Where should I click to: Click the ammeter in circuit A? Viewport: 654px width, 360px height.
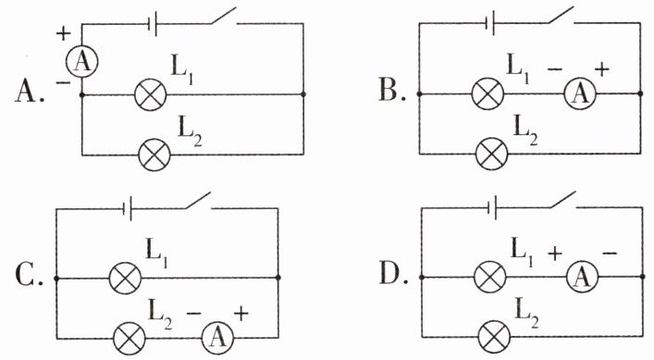[x=82, y=62]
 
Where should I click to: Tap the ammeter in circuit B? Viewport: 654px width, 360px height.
[x=580, y=93]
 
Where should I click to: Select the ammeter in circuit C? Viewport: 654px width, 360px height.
[x=217, y=337]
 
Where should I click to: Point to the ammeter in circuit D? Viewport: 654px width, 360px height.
[x=582, y=277]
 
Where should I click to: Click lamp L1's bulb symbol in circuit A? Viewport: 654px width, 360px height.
[x=150, y=94]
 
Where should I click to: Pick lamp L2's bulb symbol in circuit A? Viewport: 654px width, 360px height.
[x=154, y=155]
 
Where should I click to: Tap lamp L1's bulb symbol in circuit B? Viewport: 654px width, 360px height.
[x=487, y=93]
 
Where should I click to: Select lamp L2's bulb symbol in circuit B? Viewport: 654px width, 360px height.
[x=492, y=154]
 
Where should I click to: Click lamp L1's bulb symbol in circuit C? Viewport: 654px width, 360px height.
[x=125, y=278]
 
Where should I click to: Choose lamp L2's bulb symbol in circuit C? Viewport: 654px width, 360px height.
[x=130, y=338]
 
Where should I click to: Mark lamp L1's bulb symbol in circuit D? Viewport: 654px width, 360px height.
[x=490, y=277]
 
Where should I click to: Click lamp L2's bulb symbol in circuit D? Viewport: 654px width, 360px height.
[x=494, y=336]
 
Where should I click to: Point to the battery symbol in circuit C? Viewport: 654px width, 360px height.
[x=128, y=208]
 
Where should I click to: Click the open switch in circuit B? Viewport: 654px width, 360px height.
[x=561, y=15]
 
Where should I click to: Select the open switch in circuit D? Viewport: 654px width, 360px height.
[x=563, y=199]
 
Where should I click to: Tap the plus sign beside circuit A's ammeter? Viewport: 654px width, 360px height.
[x=64, y=33]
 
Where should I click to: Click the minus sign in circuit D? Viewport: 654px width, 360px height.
[x=610, y=253]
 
